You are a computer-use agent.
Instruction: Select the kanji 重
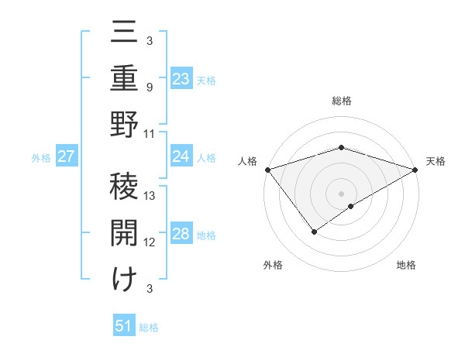(124, 80)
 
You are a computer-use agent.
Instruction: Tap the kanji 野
(124, 124)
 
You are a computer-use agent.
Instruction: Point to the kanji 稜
(124, 184)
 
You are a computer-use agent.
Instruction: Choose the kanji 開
(124, 231)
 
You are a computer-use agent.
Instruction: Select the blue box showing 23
(181, 79)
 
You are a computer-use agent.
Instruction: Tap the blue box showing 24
(181, 156)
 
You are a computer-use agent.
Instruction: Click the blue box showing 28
(181, 235)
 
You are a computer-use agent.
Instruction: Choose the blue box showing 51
(124, 327)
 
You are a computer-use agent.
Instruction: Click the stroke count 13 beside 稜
(150, 196)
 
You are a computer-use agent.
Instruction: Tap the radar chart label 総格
(341, 101)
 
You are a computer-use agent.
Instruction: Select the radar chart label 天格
(436, 161)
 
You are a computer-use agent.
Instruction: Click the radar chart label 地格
(406, 265)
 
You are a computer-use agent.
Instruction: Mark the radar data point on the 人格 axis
(267, 169)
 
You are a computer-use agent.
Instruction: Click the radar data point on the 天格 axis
(415, 169)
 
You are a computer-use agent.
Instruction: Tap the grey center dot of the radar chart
(341, 193)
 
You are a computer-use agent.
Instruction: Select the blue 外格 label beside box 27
(41, 158)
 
